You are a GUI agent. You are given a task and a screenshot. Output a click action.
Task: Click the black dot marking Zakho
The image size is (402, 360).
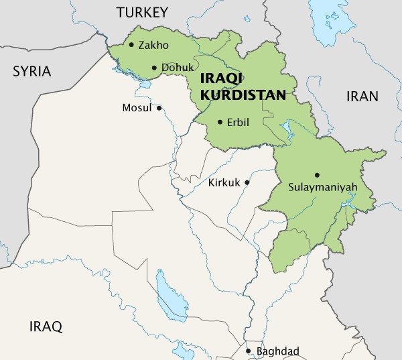(131, 45)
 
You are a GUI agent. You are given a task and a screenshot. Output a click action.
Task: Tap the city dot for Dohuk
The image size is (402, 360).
(155, 68)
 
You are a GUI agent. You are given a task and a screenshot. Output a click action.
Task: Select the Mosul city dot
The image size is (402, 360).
(159, 108)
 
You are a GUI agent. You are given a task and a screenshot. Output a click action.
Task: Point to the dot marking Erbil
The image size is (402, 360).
(220, 122)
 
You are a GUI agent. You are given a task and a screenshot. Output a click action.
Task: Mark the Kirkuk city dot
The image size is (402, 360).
(247, 182)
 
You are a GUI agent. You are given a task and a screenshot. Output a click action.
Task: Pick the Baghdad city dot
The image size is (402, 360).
(249, 351)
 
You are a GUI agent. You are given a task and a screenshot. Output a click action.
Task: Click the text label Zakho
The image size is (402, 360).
(153, 46)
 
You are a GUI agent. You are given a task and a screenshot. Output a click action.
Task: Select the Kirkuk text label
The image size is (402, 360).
(224, 182)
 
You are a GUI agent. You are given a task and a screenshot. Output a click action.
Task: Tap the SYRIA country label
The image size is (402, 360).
(32, 71)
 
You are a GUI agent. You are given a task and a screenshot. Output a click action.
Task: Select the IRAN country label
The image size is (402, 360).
(362, 96)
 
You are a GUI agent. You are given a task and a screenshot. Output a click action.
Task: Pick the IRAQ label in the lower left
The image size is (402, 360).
(46, 327)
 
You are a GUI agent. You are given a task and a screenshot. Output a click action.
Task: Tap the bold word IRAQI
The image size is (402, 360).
(220, 79)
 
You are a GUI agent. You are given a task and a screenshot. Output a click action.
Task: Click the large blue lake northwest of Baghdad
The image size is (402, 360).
(170, 295)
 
